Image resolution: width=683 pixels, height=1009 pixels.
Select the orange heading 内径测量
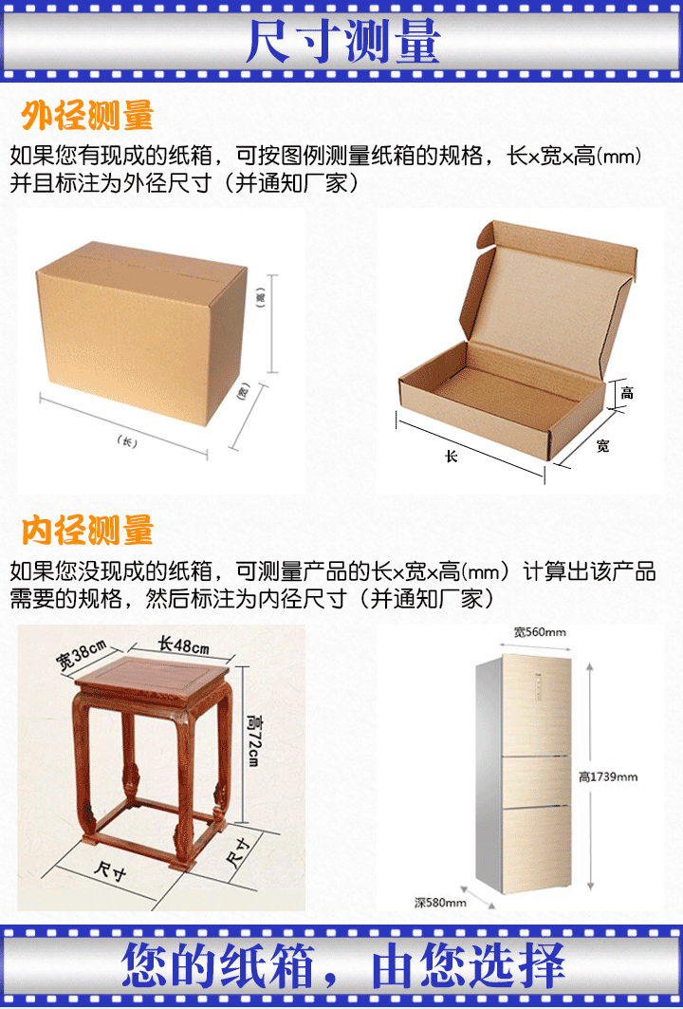pyautogui.click(x=87, y=530)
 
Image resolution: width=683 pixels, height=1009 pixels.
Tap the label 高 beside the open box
pyautogui.click(x=627, y=392)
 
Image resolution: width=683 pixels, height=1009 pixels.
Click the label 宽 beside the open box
pyautogui.click(x=602, y=445)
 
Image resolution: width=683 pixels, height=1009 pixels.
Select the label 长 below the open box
pyautogui.click(x=452, y=456)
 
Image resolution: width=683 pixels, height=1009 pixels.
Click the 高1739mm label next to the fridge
pyautogui.click(x=608, y=776)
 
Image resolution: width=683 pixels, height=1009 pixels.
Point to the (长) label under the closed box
pyautogui.click(x=124, y=440)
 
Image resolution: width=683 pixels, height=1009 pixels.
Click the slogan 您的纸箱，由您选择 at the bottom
pyautogui.click(x=343, y=967)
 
